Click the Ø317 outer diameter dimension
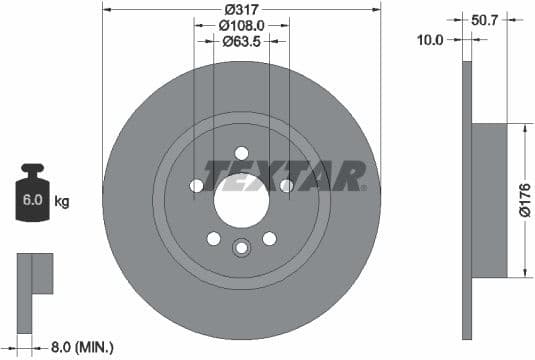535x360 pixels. coord(241,9)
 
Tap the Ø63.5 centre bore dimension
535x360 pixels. coord(241,42)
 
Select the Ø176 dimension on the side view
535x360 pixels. coord(523,201)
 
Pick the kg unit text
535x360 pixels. coord(62,203)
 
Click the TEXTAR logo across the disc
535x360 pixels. coord(285,176)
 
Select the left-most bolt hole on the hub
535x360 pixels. coord(196,186)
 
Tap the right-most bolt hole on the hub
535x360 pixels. coord(286,186)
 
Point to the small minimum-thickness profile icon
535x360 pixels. coord(34,274)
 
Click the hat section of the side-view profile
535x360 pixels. coord(490,201)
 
